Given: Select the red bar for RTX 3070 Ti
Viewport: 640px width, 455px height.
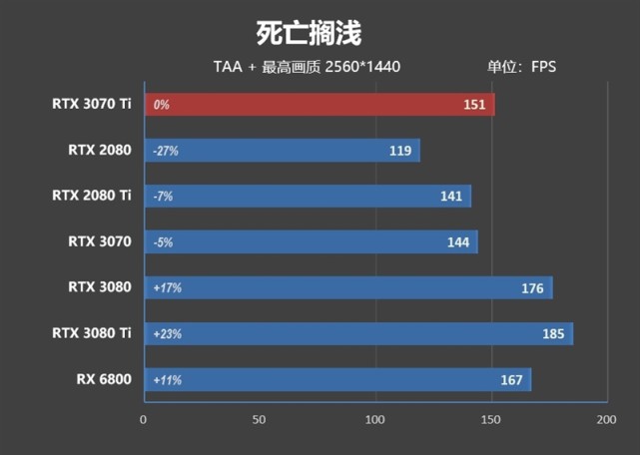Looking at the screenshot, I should click(320, 105).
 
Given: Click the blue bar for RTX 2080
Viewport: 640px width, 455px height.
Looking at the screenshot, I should click(282, 151).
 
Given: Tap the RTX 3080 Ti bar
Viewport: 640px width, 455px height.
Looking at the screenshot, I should click(358, 334).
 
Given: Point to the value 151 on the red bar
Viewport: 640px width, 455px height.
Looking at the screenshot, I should click(474, 105).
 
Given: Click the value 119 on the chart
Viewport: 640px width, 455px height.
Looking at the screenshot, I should click(400, 151).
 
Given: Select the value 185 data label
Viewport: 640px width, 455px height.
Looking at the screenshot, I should click(553, 334).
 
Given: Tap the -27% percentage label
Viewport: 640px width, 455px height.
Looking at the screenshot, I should click(166, 151).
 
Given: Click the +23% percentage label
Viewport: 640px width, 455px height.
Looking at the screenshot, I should click(168, 334).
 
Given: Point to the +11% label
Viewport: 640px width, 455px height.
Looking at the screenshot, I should click(168, 380).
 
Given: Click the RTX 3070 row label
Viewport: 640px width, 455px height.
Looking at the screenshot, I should click(99, 241).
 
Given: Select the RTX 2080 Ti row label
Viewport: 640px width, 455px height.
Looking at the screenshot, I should click(91, 196).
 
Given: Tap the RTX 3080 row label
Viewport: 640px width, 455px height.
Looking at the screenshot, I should click(99, 287).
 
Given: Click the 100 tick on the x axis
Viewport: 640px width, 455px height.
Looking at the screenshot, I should click(375, 420).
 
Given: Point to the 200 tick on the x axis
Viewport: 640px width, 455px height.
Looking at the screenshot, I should click(605, 420).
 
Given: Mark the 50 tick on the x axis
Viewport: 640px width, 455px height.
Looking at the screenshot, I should click(260, 420).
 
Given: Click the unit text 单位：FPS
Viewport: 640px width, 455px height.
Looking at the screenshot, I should click(521, 67).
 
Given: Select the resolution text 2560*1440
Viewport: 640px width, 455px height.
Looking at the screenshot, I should click(362, 67).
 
